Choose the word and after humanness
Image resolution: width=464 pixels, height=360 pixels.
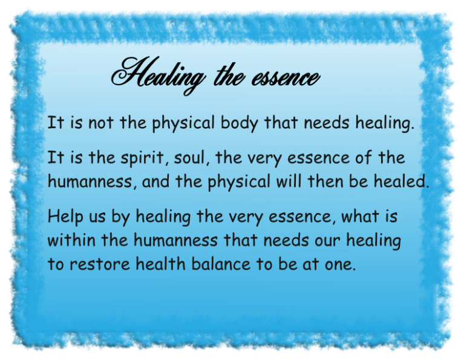click(x=156, y=182)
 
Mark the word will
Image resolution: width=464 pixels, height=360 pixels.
click(x=284, y=182)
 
